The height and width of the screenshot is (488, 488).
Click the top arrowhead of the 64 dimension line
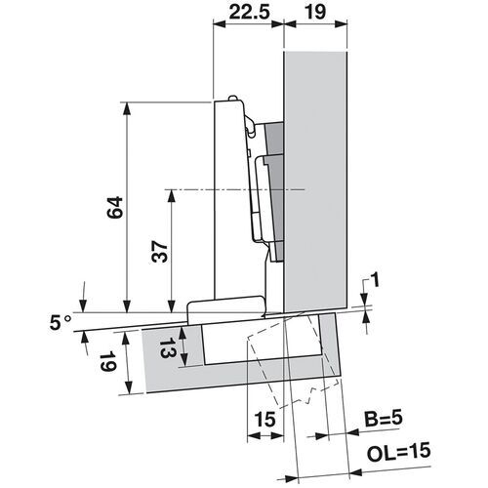click(126, 106)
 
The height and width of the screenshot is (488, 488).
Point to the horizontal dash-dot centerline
click(234, 187)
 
